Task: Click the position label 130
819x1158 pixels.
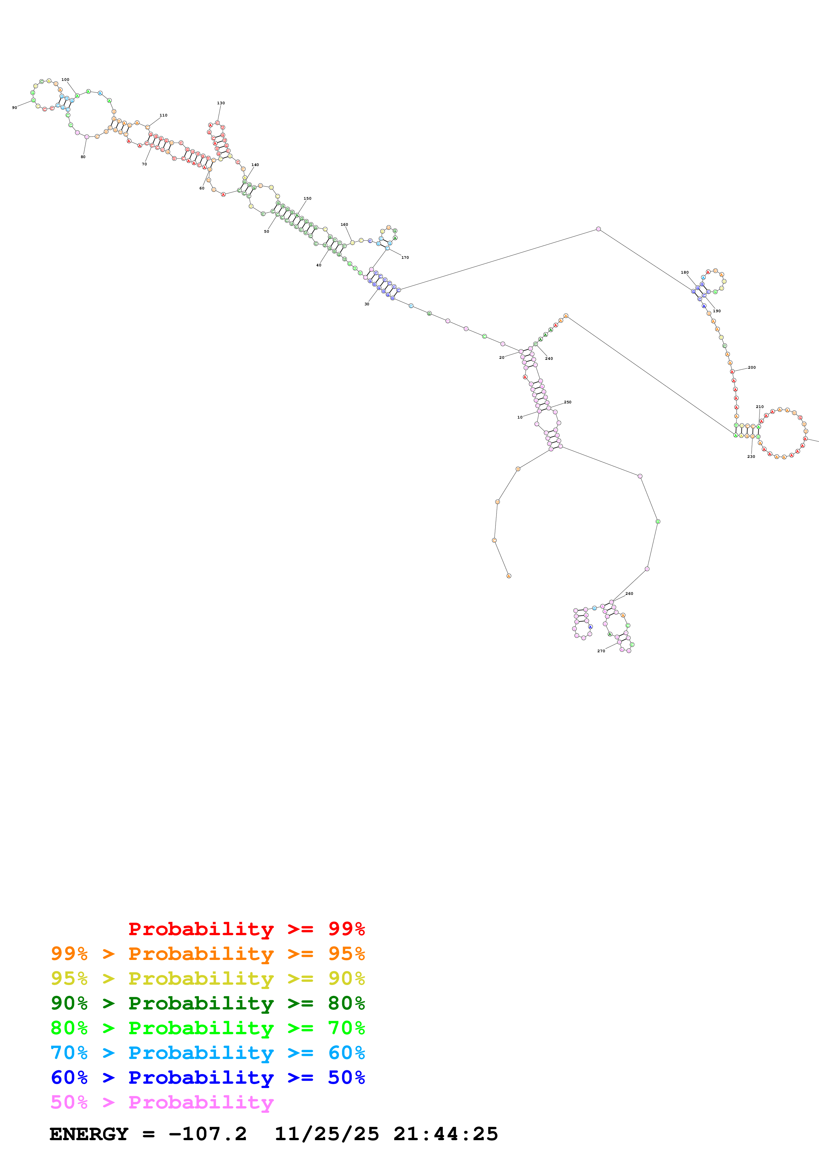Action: [x=220, y=103]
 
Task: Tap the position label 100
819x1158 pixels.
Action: [x=65, y=80]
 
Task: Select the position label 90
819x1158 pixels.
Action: [x=15, y=107]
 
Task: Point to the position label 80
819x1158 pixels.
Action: [x=83, y=157]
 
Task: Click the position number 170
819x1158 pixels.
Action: [x=405, y=257]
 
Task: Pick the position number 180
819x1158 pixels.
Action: [x=684, y=272]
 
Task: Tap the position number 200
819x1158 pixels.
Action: [x=751, y=367]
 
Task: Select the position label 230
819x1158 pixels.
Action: [x=751, y=457]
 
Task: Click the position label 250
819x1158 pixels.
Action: [x=567, y=402]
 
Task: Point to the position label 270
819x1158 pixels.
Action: [x=601, y=651]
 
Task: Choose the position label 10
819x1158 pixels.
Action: [x=520, y=417]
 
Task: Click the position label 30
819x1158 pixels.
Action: [x=367, y=304]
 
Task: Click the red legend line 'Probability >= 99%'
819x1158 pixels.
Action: [x=246, y=929]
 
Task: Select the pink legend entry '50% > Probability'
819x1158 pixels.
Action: [x=162, y=1102]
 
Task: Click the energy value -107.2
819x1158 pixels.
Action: [x=207, y=1134]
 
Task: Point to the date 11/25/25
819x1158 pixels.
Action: [x=326, y=1134]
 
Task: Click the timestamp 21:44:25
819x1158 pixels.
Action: [x=446, y=1134]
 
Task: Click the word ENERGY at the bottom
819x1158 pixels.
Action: [x=89, y=1134]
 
